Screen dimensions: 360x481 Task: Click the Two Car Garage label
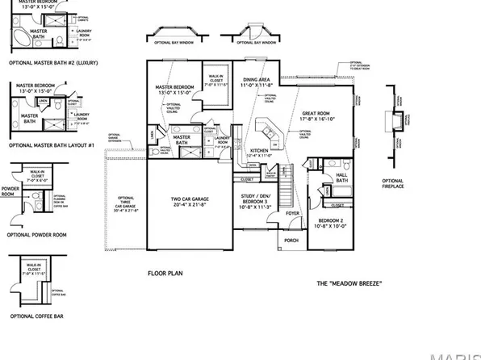click(x=190, y=202)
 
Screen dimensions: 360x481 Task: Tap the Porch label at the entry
click(x=291, y=240)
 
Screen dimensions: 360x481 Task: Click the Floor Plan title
click(x=167, y=274)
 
